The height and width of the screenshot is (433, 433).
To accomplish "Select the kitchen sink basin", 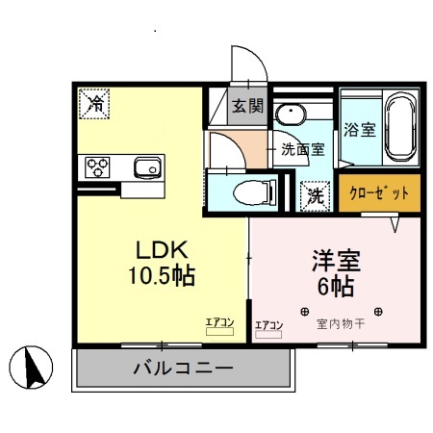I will click(148, 168).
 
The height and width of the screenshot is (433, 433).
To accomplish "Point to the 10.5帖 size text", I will click(161, 276).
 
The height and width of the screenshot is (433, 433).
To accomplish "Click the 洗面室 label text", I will click(305, 149).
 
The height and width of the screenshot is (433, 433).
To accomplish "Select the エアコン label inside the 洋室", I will click(268, 326).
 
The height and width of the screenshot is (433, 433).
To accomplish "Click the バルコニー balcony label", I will click(183, 369).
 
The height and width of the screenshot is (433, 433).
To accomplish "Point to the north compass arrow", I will click(28, 367).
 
